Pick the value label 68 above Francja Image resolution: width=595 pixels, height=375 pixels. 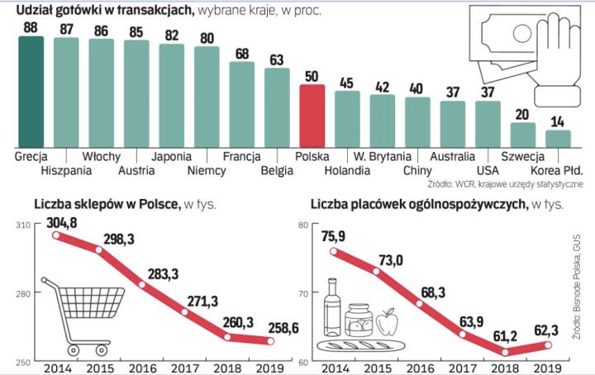tap(242, 54)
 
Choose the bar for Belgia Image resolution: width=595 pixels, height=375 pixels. tap(277, 107)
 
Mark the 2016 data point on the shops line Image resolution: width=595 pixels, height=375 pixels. tap(143, 285)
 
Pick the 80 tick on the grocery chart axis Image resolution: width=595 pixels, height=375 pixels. tap(303, 225)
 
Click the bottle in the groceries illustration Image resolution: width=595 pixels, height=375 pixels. tap(334, 306)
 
